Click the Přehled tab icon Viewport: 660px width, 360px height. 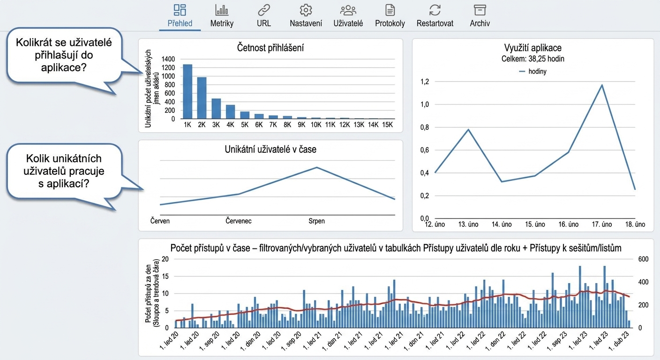(x=180, y=10)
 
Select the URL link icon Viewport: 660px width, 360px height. (x=264, y=10)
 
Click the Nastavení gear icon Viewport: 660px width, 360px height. (x=306, y=10)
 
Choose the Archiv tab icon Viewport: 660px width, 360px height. (x=480, y=10)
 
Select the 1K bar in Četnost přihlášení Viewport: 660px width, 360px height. (x=187, y=91)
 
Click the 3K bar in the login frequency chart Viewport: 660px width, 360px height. (x=216, y=109)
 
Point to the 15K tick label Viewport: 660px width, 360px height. (x=387, y=125)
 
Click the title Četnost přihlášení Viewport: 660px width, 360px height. (x=270, y=48)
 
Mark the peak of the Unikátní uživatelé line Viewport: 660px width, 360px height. (x=317, y=167)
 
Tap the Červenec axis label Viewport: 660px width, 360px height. (x=239, y=221)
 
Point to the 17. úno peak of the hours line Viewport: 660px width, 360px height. (x=602, y=85)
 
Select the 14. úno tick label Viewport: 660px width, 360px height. (x=502, y=225)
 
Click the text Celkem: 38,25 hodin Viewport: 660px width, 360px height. (x=532, y=59)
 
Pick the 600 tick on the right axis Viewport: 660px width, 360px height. (x=643, y=259)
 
